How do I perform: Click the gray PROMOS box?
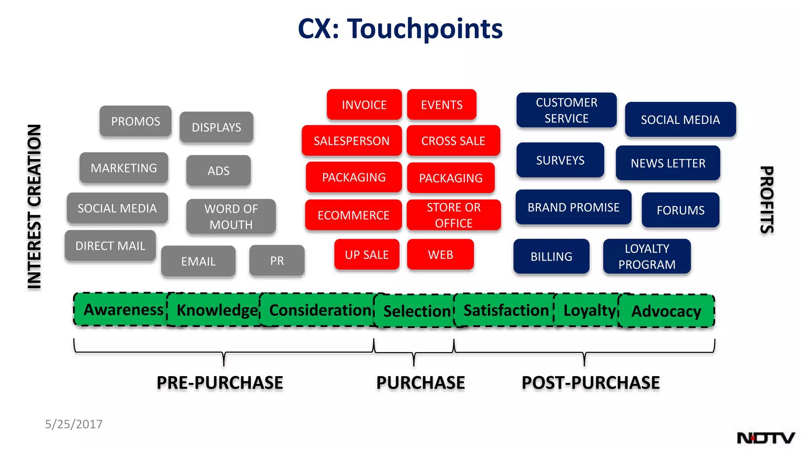coord(135,121)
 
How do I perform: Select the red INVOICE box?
coord(364,105)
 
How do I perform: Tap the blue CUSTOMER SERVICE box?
coord(566,110)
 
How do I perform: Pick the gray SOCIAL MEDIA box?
coord(117,208)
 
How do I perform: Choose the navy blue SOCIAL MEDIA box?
coord(680,120)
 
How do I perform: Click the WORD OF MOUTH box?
coord(231,216)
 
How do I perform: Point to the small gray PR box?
coord(277,261)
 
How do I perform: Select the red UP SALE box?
coord(366,255)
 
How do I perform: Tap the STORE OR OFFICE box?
coord(454,215)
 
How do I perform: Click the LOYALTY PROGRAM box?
coord(647,256)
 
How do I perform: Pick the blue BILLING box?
coord(551,256)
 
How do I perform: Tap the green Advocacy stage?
coord(666,311)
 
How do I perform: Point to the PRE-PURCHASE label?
coord(220,382)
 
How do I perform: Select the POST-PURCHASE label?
coord(591,382)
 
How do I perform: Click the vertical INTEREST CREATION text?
coord(34,207)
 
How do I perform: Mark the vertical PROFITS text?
coord(767,200)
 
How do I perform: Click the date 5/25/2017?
coord(74,424)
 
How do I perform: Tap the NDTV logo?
coord(765,438)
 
